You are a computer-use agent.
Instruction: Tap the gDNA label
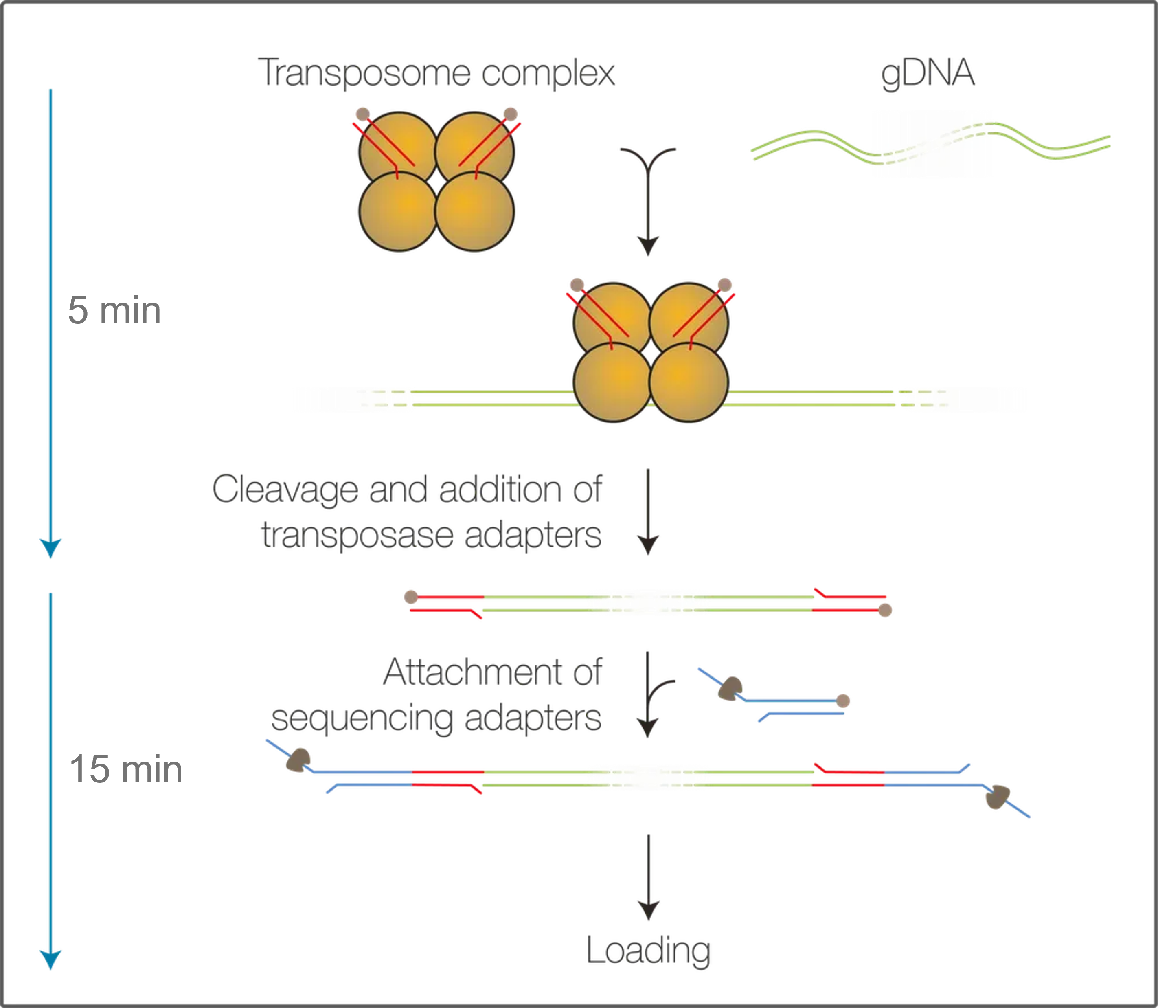(x=928, y=74)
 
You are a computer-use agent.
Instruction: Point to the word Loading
(x=649, y=950)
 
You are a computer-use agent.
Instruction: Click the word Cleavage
(x=285, y=490)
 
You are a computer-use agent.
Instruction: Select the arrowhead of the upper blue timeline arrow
(x=50, y=549)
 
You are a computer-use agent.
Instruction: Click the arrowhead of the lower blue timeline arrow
(x=50, y=960)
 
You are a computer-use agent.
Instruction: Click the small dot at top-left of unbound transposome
(x=362, y=114)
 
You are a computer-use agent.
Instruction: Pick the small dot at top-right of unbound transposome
(x=510, y=114)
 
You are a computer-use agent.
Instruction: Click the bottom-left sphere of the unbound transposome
(x=398, y=211)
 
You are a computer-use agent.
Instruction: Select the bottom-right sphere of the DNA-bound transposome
(x=689, y=382)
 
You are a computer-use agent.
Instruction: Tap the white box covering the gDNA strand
(x=932, y=144)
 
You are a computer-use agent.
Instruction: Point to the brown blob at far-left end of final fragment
(x=298, y=760)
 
